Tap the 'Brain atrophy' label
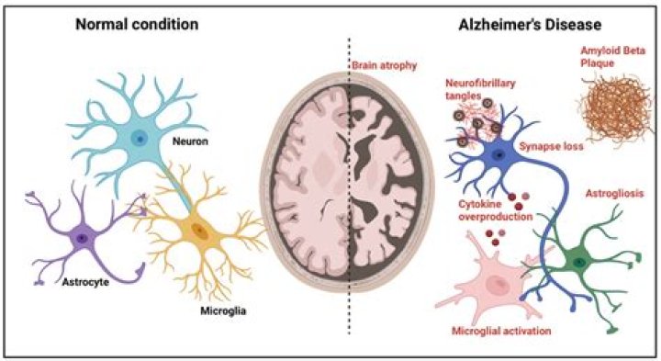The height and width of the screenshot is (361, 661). (384, 65)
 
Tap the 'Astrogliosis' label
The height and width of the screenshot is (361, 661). (614, 196)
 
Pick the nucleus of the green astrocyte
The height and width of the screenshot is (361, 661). (579, 263)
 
